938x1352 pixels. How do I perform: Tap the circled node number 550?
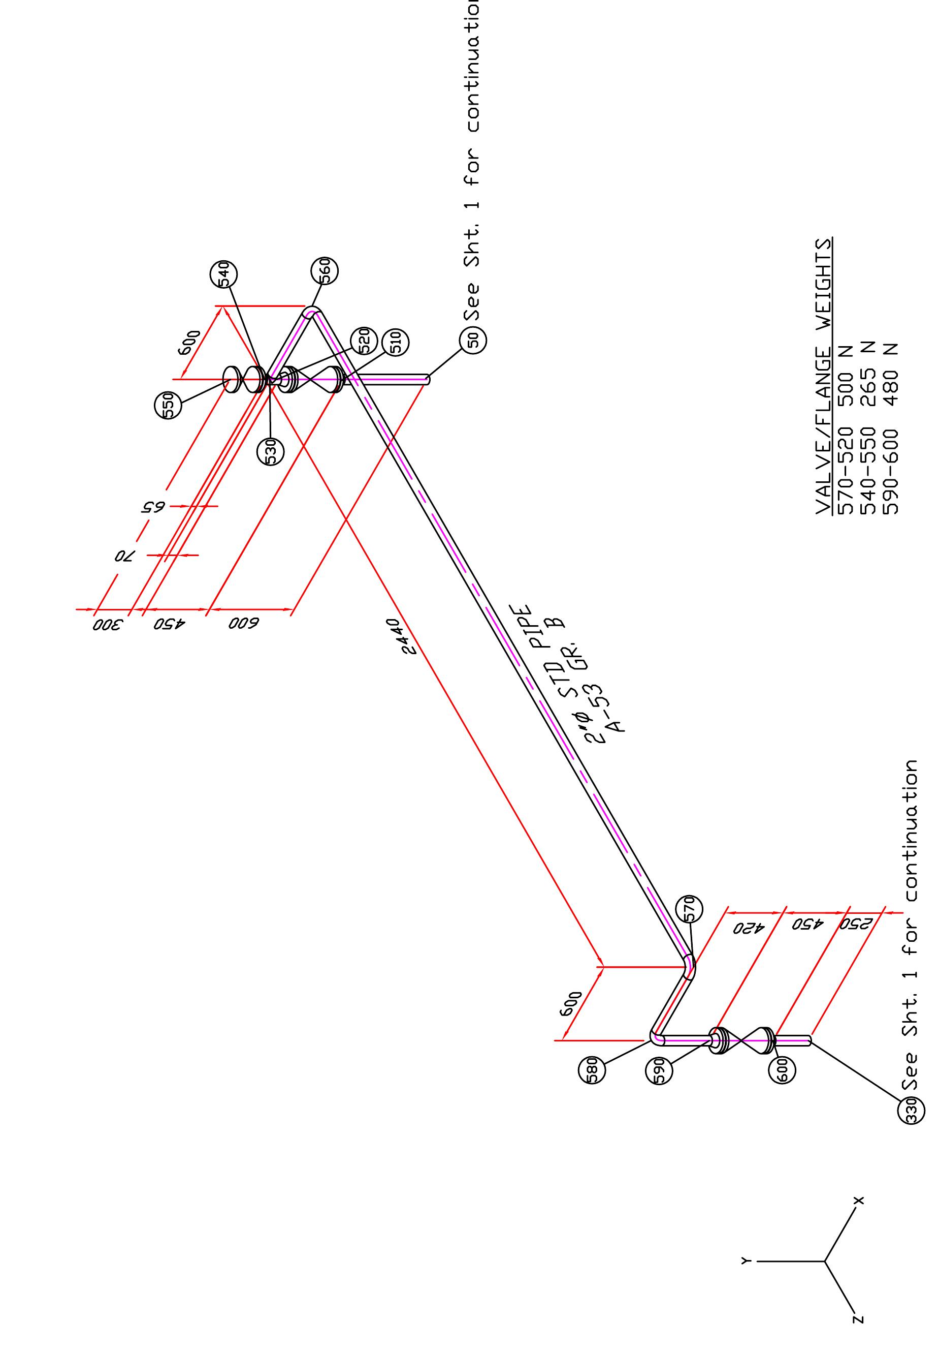[x=168, y=406]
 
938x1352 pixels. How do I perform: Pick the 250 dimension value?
[x=859, y=924]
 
